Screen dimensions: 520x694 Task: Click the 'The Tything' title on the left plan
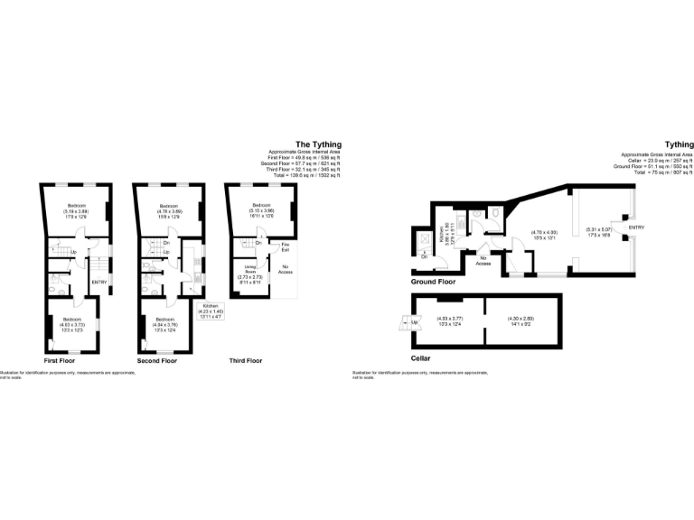[x=317, y=144]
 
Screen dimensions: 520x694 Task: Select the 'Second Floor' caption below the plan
[x=156, y=360]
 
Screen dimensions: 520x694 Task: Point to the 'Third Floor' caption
[x=244, y=360]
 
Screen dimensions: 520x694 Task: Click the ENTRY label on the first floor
[x=99, y=283]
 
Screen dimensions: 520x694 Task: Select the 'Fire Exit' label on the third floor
[x=285, y=246]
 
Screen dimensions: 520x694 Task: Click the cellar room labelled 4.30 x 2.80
[x=521, y=321]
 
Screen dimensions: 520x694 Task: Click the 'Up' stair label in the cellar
[x=415, y=322]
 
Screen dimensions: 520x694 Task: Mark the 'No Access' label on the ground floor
[x=484, y=261]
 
